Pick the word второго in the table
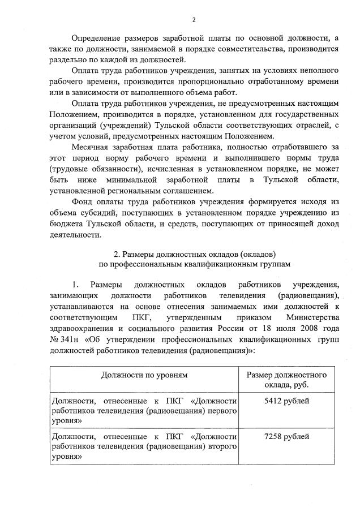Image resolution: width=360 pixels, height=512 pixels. coord(220,448)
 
